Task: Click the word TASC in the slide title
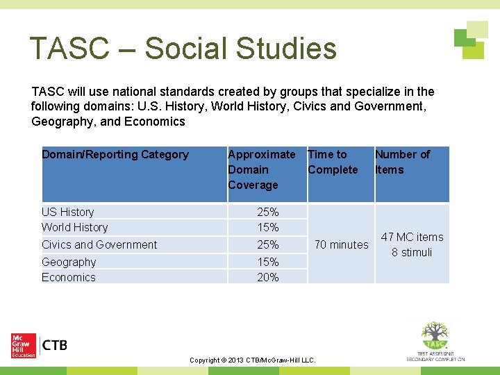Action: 69,49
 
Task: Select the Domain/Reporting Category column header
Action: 115,155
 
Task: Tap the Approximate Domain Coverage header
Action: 261,169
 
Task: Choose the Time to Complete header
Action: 333,162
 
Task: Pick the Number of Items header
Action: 402,162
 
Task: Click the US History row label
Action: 67,212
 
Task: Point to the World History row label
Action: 74,227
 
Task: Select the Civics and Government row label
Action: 99,244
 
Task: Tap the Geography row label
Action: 69,262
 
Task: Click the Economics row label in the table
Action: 69,277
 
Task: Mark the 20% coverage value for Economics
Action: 267,277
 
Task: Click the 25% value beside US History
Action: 267,212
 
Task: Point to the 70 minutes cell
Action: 341,244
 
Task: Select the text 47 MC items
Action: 412,237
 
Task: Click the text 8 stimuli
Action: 412,252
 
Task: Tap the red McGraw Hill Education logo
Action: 23,345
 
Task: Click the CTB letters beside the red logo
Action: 55,345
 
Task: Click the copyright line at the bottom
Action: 252,360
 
